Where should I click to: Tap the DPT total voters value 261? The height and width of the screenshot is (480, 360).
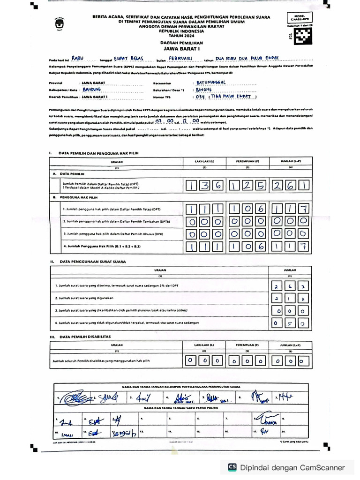[292, 186]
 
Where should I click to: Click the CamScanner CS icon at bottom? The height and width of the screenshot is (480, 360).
[232, 467]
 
